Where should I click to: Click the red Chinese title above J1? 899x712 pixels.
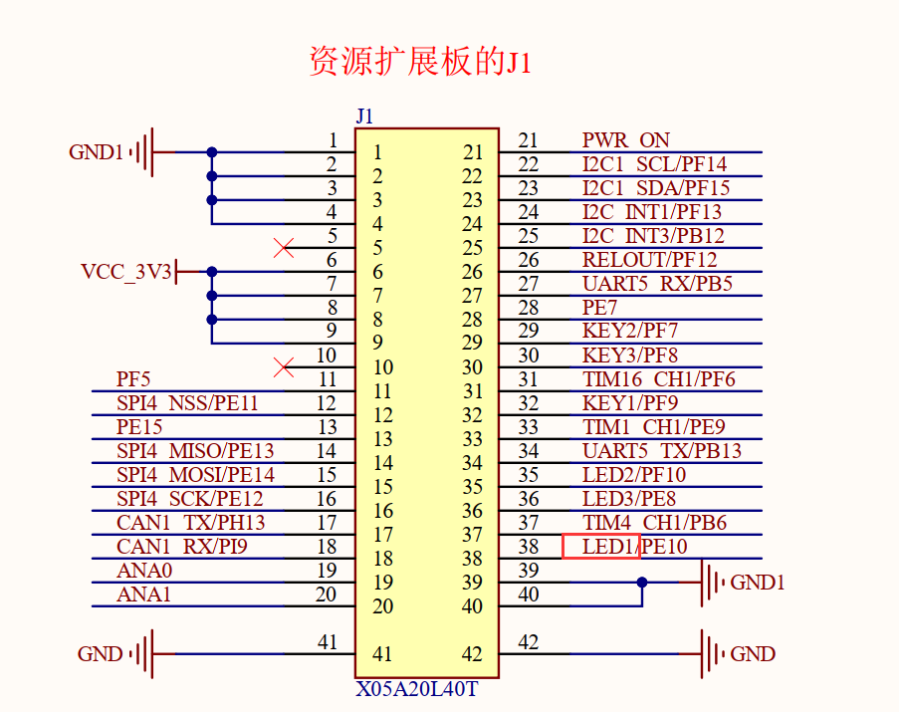[421, 62]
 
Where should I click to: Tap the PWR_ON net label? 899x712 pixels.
[625, 140]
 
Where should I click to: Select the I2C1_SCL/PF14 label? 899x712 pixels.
[654, 164]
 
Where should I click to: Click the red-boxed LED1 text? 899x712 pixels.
[601, 547]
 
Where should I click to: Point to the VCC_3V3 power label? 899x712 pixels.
[126, 272]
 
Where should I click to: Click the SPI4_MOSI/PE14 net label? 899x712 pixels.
[195, 475]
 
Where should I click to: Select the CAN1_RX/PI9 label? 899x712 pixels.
[181, 547]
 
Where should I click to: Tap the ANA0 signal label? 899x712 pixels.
[144, 571]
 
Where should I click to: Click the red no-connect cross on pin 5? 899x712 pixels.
[284, 248]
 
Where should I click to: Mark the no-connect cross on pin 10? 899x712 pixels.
[284, 367]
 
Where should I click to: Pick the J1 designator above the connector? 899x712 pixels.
[364, 117]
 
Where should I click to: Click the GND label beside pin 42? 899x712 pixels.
[753, 654]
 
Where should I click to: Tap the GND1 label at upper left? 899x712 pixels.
[96, 152]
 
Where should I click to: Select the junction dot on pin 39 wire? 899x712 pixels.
[642, 583]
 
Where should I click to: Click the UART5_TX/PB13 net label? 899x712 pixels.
[662, 451]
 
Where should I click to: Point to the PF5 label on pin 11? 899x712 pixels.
[133, 379]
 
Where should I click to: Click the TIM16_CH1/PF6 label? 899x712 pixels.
[658, 379]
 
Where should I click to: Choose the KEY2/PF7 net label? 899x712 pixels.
[629, 332]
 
